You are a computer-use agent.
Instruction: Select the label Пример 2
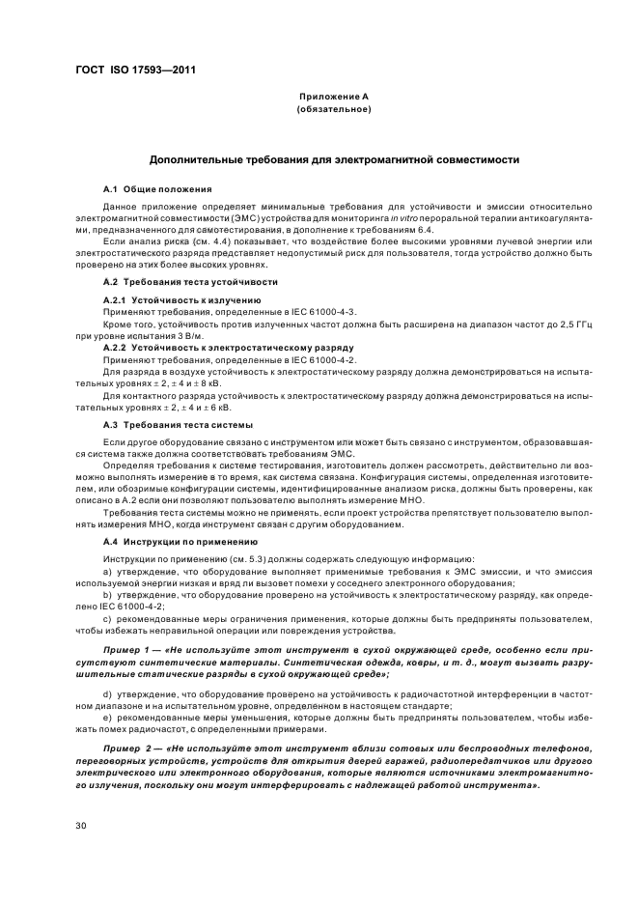click(127, 749)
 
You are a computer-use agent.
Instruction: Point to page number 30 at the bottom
click(82, 826)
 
